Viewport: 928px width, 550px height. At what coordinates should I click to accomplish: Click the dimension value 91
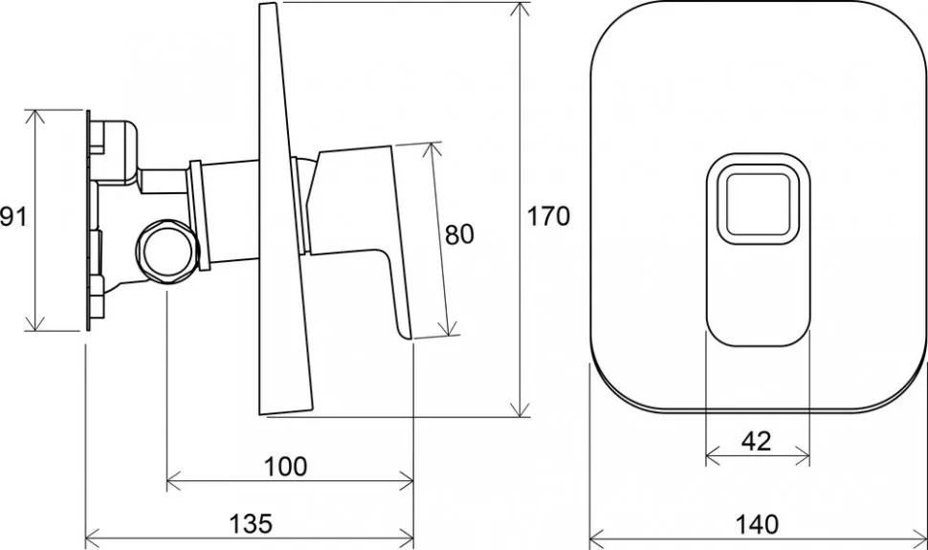point(13,217)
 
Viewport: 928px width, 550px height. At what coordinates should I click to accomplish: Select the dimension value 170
point(548,217)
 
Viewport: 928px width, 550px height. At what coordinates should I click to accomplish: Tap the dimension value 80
point(459,235)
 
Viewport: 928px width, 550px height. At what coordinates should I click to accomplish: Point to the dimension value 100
point(285,467)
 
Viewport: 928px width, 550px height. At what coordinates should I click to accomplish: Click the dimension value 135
point(251,523)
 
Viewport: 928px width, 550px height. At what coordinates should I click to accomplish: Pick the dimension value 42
point(757,441)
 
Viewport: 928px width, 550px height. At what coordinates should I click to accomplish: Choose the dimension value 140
point(757,524)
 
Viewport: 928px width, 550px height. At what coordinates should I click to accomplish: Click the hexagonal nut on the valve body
point(166,252)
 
